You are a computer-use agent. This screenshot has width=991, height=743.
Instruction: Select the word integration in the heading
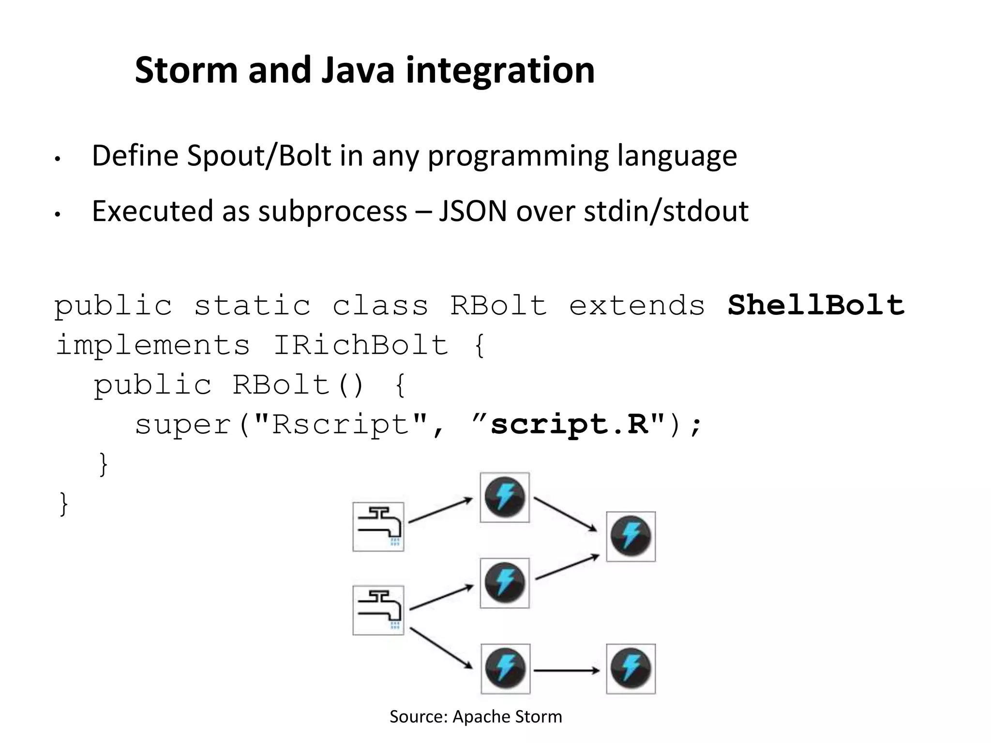[x=500, y=70]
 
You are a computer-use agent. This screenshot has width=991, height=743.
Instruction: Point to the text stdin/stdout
[x=666, y=211]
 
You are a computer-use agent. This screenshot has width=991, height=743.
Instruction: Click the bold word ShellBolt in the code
[x=816, y=305]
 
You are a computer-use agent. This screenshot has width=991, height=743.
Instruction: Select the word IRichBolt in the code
[x=361, y=345]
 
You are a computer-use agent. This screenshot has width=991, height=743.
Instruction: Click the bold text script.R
[x=570, y=424]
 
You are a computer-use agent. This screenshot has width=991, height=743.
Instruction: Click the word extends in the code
[x=637, y=305]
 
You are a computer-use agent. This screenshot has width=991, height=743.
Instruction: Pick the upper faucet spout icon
[x=378, y=527]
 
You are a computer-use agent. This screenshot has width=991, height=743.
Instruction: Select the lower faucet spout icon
[x=378, y=610]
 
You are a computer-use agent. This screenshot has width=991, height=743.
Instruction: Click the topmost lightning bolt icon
[x=505, y=497]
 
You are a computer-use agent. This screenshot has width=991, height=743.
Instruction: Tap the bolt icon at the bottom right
[x=631, y=669]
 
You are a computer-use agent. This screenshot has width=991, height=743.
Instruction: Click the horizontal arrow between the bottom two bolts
[x=567, y=670]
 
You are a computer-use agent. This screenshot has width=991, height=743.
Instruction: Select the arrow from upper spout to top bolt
[x=440, y=511]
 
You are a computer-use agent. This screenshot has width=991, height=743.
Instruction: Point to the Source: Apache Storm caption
[x=476, y=716]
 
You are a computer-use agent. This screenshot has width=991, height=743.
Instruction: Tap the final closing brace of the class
[x=63, y=504]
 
